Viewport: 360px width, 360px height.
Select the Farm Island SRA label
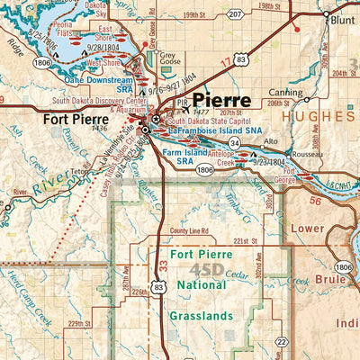click(184, 156)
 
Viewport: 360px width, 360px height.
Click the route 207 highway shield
click(235, 14)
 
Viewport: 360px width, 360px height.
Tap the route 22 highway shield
click(281, 341)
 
